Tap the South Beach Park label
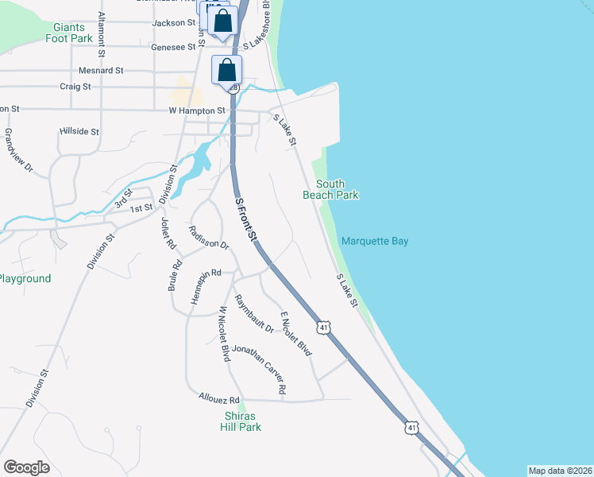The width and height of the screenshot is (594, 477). tap(330, 189)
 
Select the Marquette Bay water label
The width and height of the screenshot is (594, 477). tap(375, 241)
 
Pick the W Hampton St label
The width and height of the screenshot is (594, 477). tap(197, 111)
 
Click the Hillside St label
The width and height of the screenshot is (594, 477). tap(79, 131)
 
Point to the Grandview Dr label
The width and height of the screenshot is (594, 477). tap(19, 151)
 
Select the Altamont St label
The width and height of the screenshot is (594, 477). tap(101, 37)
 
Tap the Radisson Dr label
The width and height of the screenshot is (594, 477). tap(209, 238)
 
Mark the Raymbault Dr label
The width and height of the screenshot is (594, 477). tap(255, 314)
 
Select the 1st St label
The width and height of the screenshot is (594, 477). tap(141, 208)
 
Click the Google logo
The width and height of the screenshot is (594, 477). tap(26, 467)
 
